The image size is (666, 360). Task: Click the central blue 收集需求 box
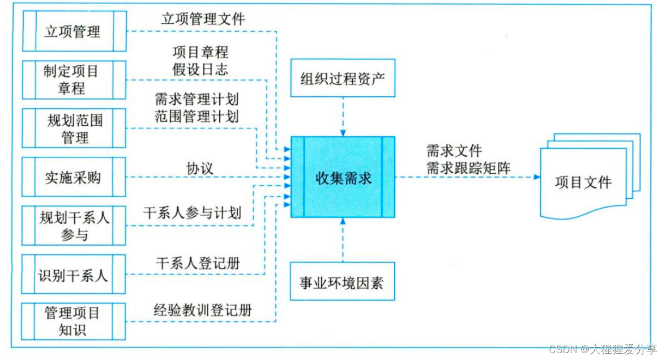pos(343,177)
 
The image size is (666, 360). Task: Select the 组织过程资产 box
pos(343,78)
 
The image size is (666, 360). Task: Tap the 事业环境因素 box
pos(343,281)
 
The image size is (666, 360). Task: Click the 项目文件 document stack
pos(583,182)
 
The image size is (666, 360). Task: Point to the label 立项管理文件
pos(203,19)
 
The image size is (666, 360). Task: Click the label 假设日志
pos(200,70)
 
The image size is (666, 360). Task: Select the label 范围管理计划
pos(197,117)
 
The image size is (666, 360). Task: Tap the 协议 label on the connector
pos(200,169)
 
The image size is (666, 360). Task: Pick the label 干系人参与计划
pos(192,213)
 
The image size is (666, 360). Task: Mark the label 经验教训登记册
pos(203,310)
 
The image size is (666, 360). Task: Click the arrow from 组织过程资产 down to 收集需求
pos(343,117)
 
